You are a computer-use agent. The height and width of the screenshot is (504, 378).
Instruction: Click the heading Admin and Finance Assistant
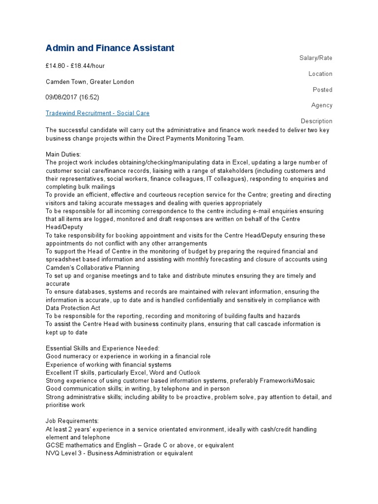[x=110, y=48]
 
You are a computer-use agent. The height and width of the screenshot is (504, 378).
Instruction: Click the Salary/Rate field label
[x=315, y=58]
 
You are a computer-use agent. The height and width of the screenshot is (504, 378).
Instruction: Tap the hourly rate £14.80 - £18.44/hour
[x=75, y=66]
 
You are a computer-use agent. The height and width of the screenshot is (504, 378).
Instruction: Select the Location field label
[x=320, y=74]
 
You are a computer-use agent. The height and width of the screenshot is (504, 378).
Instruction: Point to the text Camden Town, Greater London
[x=90, y=82]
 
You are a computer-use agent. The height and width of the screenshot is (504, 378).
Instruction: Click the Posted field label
[x=322, y=90]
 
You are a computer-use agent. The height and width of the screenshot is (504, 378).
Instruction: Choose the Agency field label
[x=321, y=105]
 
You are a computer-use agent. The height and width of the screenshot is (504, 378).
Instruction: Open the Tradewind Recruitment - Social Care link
[x=97, y=113]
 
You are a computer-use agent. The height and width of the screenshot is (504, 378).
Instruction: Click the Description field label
[x=316, y=121]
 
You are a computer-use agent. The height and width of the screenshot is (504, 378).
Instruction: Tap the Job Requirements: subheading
[x=72, y=421]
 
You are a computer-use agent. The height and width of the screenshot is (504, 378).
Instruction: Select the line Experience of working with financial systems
[x=108, y=364]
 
